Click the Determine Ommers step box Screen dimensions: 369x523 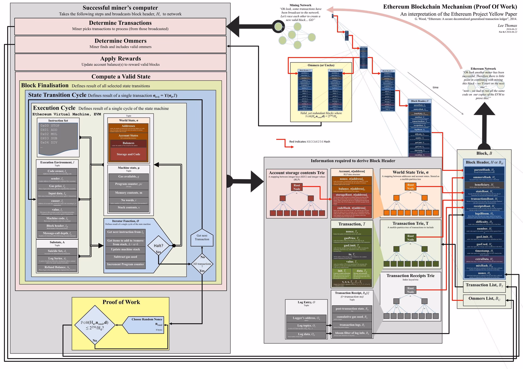[x=120, y=44]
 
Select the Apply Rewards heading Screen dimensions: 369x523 [x=120, y=59]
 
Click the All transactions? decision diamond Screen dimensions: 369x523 [x=202, y=264]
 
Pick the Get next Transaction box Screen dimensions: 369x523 [x=202, y=237]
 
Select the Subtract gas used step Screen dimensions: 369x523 [x=125, y=257]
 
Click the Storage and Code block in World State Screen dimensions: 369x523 [x=128, y=154]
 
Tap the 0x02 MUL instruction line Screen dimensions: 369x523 [x=49, y=134]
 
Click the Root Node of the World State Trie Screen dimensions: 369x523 [x=410, y=186]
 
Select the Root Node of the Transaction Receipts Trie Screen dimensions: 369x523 [x=410, y=290]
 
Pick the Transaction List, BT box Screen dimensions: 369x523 [x=484, y=285]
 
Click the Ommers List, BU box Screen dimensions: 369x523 [x=484, y=299]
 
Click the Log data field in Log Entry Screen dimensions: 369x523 [x=306, y=335]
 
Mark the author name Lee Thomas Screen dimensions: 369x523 [x=507, y=26]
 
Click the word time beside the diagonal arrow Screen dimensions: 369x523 [x=436, y=87]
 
